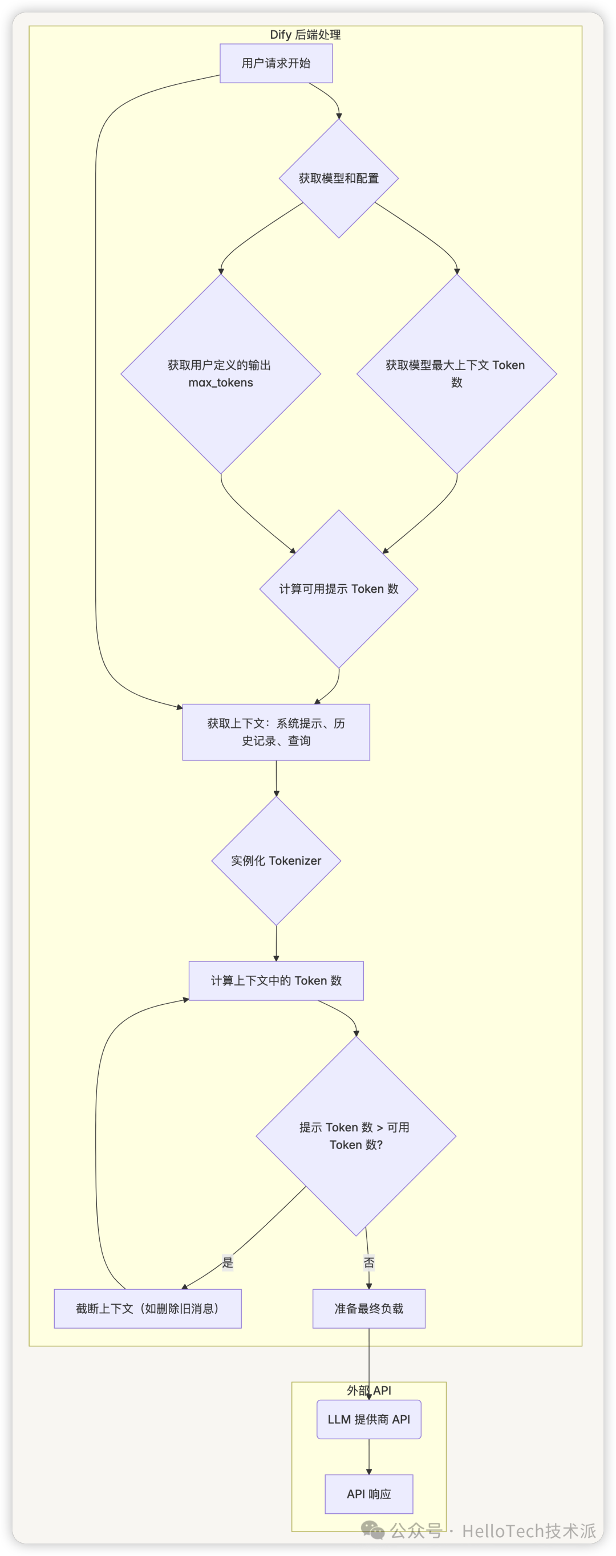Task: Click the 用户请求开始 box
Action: [x=275, y=63]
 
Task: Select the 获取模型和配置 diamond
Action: [x=339, y=178]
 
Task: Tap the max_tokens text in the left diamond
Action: [x=221, y=382]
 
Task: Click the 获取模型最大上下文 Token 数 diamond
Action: [x=456, y=373]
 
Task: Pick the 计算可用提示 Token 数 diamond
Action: [x=339, y=589]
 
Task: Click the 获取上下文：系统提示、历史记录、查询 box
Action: [x=275, y=732]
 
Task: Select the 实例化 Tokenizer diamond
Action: [x=276, y=861]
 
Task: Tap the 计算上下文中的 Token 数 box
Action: [x=276, y=981]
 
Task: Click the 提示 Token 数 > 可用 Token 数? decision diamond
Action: [x=355, y=1135]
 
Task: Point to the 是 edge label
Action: [x=228, y=1262]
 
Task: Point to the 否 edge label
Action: [x=369, y=1262]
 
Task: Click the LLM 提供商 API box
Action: [x=369, y=1419]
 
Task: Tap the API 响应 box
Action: [x=369, y=1494]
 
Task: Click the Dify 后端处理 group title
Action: [x=305, y=35]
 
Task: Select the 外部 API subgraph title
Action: [x=369, y=1391]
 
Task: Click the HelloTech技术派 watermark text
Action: [x=528, y=1530]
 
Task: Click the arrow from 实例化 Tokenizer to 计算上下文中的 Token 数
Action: [x=276, y=943]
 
